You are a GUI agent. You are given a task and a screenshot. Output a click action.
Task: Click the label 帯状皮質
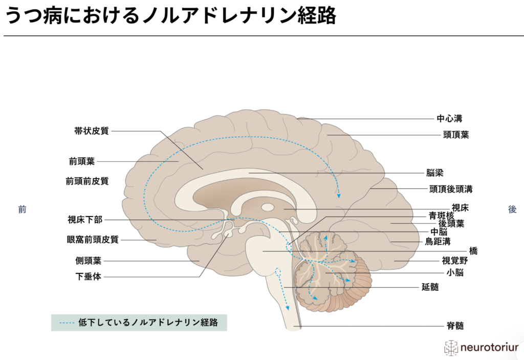point(92,131)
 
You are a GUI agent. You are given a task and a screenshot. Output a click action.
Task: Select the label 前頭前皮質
point(87,181)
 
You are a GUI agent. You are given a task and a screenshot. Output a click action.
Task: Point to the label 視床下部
point(85,220)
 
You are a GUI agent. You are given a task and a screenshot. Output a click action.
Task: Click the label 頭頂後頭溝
point(451,188)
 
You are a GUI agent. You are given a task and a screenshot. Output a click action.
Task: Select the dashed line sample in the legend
point(68,323)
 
